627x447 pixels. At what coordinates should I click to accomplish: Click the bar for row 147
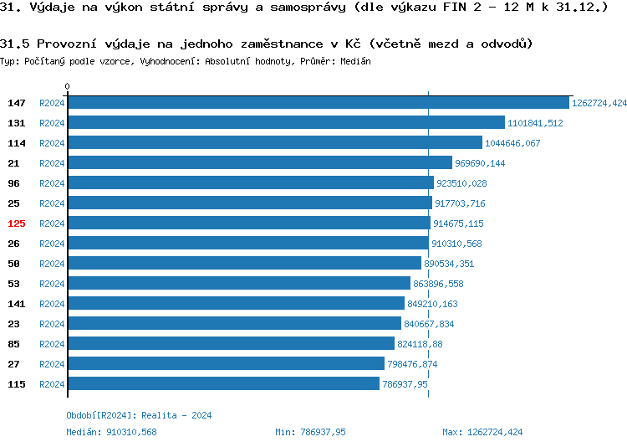click(x=318, y=103)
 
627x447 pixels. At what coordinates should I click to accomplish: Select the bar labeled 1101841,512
click(x=286, y=123)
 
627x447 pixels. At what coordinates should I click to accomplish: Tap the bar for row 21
click(x=259, y=163)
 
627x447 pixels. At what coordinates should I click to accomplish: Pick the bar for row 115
click(x=223, y=384)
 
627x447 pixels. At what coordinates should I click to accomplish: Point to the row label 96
click(x=13, y=183)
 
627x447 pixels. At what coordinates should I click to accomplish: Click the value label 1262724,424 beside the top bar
click(x=599, y=103)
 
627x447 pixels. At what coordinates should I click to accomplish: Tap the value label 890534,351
click(x=449, y=264)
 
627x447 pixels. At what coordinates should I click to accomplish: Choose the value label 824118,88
click(x=421, y=344)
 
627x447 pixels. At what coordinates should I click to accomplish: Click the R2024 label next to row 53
click(x=52, y=284)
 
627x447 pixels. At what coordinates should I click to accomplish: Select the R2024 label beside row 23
click(x=52, y=324)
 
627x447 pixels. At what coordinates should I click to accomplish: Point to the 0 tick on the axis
click(x=68, y=86)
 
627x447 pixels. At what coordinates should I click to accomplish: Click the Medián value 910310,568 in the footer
click(x=132, y=432)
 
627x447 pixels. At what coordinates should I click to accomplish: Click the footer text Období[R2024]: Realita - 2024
click(x=139, y=415)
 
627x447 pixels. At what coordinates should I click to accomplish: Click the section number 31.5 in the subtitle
click(x=14, y=43)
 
